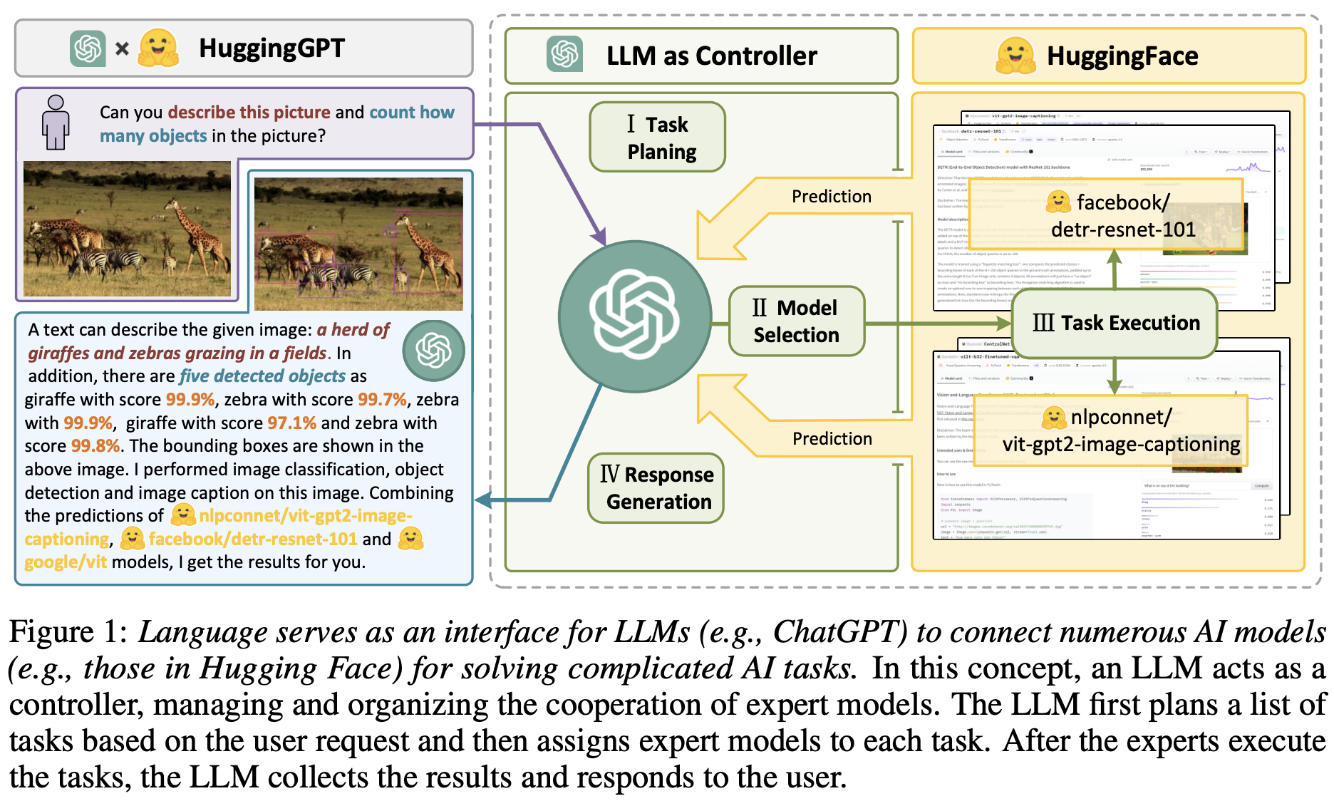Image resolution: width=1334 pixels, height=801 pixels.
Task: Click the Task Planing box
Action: (x=657, y=137)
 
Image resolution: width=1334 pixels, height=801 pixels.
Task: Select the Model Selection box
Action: (x=796, y=321)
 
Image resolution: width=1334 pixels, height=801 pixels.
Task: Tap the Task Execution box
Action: (x=1115, y=323)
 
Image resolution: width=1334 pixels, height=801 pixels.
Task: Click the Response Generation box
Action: (x=656, y=488)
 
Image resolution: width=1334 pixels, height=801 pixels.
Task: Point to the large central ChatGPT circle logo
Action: (x=634, y=316)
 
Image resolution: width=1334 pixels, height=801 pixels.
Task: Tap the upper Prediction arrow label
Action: (x=831, y=197)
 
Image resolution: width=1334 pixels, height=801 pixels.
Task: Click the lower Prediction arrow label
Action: (x=832, y=439)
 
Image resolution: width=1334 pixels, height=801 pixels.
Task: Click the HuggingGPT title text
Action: (x=272, y=48)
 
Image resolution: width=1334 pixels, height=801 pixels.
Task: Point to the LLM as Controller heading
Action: (x=711, y=56)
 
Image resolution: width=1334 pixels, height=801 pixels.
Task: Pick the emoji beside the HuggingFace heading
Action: (x=1015, y=56)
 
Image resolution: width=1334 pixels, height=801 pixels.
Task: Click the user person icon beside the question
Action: (x=56, y=122)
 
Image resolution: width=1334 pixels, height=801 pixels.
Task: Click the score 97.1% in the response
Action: (x=291, y=423)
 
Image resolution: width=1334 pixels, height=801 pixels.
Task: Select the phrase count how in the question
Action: (x=411, y=113)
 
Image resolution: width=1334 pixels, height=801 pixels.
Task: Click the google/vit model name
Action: (x=66, y=562)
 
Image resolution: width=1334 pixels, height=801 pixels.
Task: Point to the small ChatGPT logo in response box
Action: (x=433, y=350)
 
